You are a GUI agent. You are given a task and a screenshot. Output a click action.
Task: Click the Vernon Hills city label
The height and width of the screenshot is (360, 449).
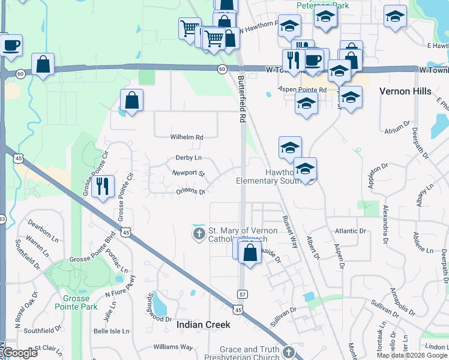405,91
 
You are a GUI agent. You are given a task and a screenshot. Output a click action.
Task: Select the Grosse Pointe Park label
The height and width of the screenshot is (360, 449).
80,302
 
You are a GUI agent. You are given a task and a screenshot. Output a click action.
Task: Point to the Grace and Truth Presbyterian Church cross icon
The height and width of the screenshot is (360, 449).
289,352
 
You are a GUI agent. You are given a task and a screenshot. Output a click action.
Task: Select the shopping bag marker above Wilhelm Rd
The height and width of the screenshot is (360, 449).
131,100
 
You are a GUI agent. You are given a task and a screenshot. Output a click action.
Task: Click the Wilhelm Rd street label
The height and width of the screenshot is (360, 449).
186,137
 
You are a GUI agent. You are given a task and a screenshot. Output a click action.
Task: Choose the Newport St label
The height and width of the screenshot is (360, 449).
188,173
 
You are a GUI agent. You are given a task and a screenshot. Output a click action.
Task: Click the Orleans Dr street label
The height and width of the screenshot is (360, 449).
191,192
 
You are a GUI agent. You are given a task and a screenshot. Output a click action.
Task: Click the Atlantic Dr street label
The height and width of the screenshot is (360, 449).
351,231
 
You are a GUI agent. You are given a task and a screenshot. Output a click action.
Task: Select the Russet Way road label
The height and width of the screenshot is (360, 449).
290,232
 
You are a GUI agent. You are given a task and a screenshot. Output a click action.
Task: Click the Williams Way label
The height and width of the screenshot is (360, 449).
173,347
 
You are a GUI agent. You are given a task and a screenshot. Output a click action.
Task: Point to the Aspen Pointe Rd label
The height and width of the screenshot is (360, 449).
302,89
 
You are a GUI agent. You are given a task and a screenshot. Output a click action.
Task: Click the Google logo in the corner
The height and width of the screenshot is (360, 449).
20,353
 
